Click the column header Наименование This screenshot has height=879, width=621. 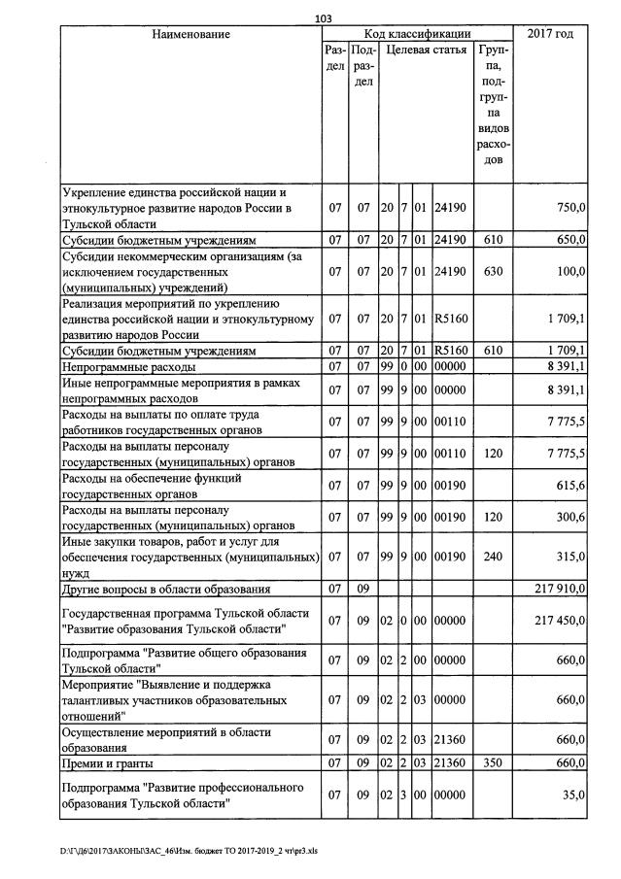pos(191,34)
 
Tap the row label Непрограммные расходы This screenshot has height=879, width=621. pos(128,367)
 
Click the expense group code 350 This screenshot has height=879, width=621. pos(493,763)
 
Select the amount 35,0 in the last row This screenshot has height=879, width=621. pos(572,795)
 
